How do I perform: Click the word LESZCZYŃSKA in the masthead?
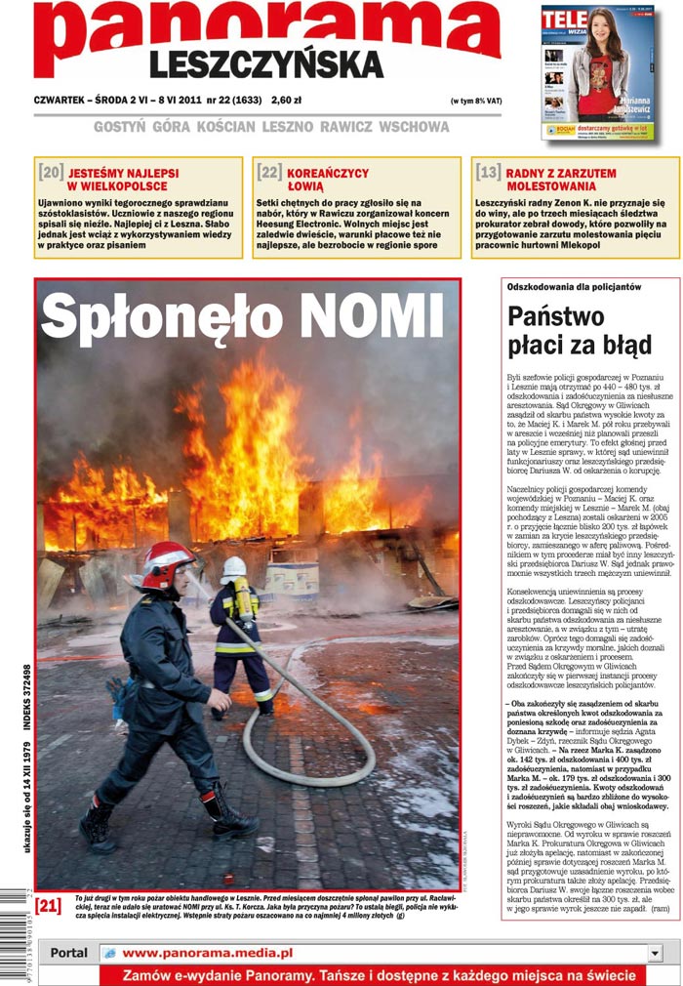tap(265, 64)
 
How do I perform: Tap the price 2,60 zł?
tap(287, 100)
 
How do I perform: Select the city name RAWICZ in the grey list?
tap(346, 127)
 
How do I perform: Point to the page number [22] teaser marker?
tap(269, 173)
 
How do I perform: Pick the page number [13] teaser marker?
tap(488, 173)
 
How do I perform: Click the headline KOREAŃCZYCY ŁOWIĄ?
tap(328, 179)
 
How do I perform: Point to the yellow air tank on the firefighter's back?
tap(244, 597)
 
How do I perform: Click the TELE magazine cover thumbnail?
tap(598, 73)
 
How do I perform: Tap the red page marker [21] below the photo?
tap(48, 905)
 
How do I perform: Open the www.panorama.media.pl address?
tap(207, 952)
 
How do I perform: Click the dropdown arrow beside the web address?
tap(654, 952)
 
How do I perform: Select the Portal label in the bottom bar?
tap(68, 952)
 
